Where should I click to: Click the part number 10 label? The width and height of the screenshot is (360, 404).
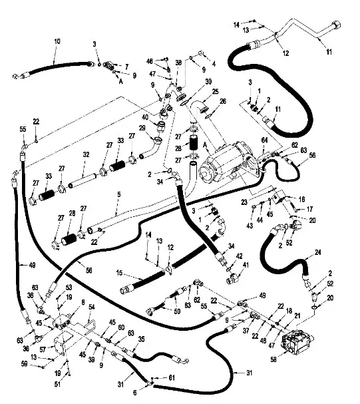(x=57, y=41)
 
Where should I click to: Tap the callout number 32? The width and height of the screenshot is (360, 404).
(x=86, y=154)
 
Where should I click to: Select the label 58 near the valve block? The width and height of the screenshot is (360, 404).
(x=273, y=359)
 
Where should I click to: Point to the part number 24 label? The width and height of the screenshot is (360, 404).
(x=318, y=252)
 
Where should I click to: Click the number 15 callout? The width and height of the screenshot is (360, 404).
(x=119, y=273)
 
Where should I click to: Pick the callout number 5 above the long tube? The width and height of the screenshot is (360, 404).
(x=118, y=194)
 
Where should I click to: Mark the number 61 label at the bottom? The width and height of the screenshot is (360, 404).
(x=172, y=378)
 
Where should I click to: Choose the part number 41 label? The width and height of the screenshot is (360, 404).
(x=246, y=265)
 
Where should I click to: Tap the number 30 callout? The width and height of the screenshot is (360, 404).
(x=208, y=82)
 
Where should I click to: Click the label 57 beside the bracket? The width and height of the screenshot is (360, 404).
(x=43, y=349)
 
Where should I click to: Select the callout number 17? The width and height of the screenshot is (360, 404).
(x=309, y=209)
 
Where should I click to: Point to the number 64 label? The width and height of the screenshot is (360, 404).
(x=264, y=140)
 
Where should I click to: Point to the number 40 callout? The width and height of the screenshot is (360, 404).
(x=145, y=117)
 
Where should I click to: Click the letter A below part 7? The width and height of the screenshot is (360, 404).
(x=120, y=81)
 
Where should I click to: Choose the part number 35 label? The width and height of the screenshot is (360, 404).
(x=141, y=339)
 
